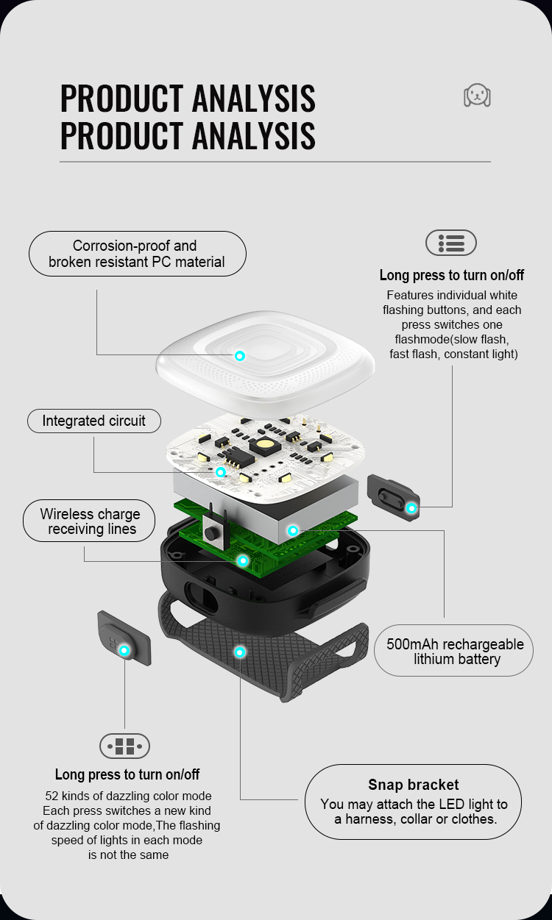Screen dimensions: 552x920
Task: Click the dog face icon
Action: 477,96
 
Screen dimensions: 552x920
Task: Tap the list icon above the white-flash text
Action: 451,243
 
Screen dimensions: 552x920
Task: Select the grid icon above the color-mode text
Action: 124,746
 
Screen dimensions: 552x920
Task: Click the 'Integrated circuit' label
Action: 93,421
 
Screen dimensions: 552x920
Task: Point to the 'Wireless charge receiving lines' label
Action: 89,521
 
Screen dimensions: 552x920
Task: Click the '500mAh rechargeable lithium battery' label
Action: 454,651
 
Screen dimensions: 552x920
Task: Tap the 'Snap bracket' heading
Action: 413,785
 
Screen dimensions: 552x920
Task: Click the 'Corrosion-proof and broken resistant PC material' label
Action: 138,254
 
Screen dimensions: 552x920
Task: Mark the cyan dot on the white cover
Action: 240,356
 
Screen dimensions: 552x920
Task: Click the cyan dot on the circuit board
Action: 221,472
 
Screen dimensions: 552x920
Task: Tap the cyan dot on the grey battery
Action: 293,531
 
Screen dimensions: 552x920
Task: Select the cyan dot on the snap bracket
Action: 240,652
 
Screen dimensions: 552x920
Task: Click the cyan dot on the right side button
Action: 411,508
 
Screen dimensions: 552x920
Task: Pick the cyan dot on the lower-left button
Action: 124,651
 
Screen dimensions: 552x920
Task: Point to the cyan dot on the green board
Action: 243,560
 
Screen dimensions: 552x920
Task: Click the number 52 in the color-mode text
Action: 52,796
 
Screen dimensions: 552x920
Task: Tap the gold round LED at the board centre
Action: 264,444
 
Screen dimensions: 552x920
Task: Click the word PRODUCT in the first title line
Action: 122,99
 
